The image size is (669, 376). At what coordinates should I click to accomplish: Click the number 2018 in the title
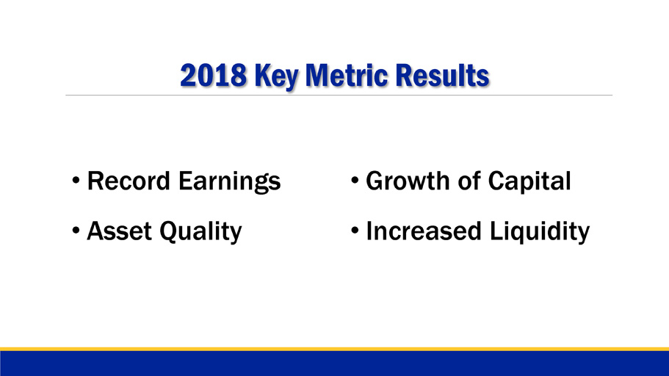pyautogui.click(x=213, y=76)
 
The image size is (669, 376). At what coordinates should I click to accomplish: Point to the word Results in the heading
pyautogui.click(x=442, y=76)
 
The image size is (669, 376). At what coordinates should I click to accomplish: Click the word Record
pyautogui.click(x=129, y=181)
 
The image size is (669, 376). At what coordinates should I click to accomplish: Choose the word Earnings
pyautogui.click(x=230, y=182)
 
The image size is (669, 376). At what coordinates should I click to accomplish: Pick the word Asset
pyautogui.click(x=119, y=231)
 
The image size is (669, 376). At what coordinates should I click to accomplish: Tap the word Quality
pyautogui.click(x=200, y=233)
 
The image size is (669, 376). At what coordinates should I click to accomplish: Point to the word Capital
pyautogui.click(x=529, y=182)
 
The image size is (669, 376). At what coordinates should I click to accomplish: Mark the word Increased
pyautogui.click(x=424, y=231)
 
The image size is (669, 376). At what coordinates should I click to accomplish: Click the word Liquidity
pyautogui.click(x=539, y=233)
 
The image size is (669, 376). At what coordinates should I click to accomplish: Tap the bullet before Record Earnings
pyautogui.click(x=76, y=181)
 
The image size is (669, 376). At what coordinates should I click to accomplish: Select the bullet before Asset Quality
pyautogui.click(x=76, y=231)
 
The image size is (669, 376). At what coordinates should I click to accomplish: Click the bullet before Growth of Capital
pyautogui.click(x=355, y=181)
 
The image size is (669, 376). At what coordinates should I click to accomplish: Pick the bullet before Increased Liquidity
pyautogui.click(x=355, y=231)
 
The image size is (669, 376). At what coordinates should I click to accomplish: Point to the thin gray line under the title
pyautogui.click(x=339, y=95)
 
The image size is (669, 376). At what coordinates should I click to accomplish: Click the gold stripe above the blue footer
pyautogui.click(x=335, y=349)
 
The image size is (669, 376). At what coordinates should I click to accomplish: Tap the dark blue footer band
pyautogui.click(x=335, y=364)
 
